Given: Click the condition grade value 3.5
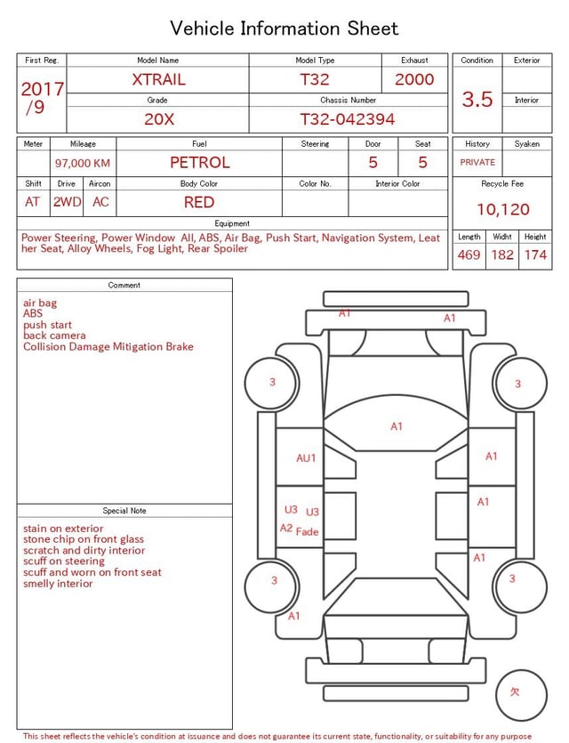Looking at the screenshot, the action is click(x=477, y=99).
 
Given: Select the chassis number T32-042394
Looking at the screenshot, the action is click(x=348, y=119).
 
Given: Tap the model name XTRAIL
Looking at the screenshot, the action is click(x=158, y=79).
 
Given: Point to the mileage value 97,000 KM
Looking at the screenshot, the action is click(x=83, y=163).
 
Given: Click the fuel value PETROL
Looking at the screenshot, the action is click(x=200, y=163).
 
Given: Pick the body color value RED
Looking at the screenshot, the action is click(x=199, y=202).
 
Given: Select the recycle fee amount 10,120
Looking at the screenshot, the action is click(x=502, y=209).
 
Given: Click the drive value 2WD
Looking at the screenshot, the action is click(x=67, y=202).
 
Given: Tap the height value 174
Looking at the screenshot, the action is click(x=535, y=254).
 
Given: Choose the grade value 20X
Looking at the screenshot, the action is click(x=159, y=119).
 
